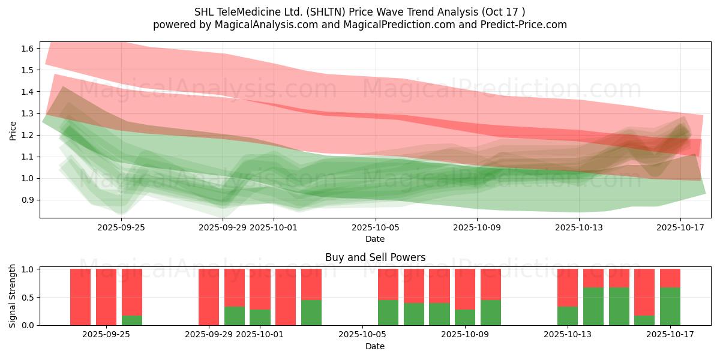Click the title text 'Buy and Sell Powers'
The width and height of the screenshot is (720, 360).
375,257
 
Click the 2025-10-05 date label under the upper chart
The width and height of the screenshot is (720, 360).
375,227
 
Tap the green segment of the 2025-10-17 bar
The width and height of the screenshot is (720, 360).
670,307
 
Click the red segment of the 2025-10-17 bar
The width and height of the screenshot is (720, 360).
670,278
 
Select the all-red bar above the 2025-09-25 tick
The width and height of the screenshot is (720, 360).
106,297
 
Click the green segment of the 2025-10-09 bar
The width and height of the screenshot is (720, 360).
465,317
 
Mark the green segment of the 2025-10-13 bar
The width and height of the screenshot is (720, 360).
568,316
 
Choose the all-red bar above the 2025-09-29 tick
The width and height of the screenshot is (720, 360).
209,297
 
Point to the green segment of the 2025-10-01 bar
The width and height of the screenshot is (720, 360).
260,317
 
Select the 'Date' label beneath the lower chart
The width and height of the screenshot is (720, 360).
375,346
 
